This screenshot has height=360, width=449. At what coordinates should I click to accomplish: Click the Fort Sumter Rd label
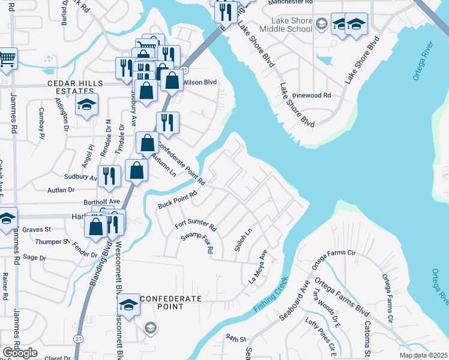(x=195, y=225)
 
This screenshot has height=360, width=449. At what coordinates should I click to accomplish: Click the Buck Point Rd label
(x=177, y=200)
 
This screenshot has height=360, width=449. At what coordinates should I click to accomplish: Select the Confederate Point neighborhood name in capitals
(x=161, y=302)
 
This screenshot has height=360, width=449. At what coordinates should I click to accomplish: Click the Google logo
(x=20, y=353)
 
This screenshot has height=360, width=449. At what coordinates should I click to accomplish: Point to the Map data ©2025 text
(x=423, y=355)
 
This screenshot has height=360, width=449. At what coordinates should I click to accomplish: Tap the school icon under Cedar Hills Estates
(x=86, y=105)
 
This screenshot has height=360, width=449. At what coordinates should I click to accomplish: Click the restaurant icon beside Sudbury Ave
(x=109, y=175)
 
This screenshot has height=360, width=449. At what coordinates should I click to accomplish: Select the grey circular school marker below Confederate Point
(x=149, y=328)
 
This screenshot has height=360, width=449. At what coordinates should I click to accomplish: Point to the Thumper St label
(x=52, y=242)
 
